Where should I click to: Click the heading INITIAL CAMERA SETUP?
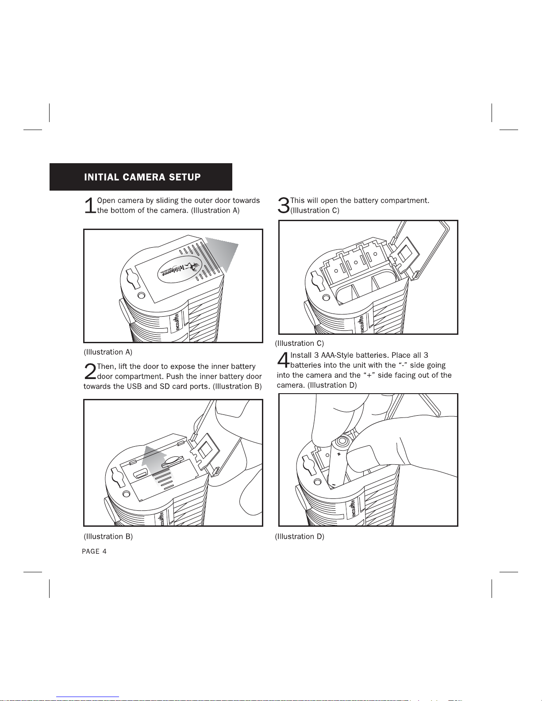point(142,177)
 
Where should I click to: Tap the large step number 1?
point(90,206)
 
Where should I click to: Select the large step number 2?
point(90,372)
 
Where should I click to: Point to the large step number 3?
point(283,206)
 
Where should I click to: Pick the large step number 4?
point(283,360)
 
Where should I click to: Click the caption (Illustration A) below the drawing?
point(108,352)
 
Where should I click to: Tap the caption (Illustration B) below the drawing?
point(108,536)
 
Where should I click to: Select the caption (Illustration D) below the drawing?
point(300,536)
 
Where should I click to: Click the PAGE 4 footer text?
point(94,552)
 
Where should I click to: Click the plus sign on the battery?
point(338,454)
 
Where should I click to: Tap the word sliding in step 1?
point(167,200)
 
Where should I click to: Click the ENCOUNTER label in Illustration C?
point(361,324)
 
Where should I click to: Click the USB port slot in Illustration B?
point(142,475)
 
